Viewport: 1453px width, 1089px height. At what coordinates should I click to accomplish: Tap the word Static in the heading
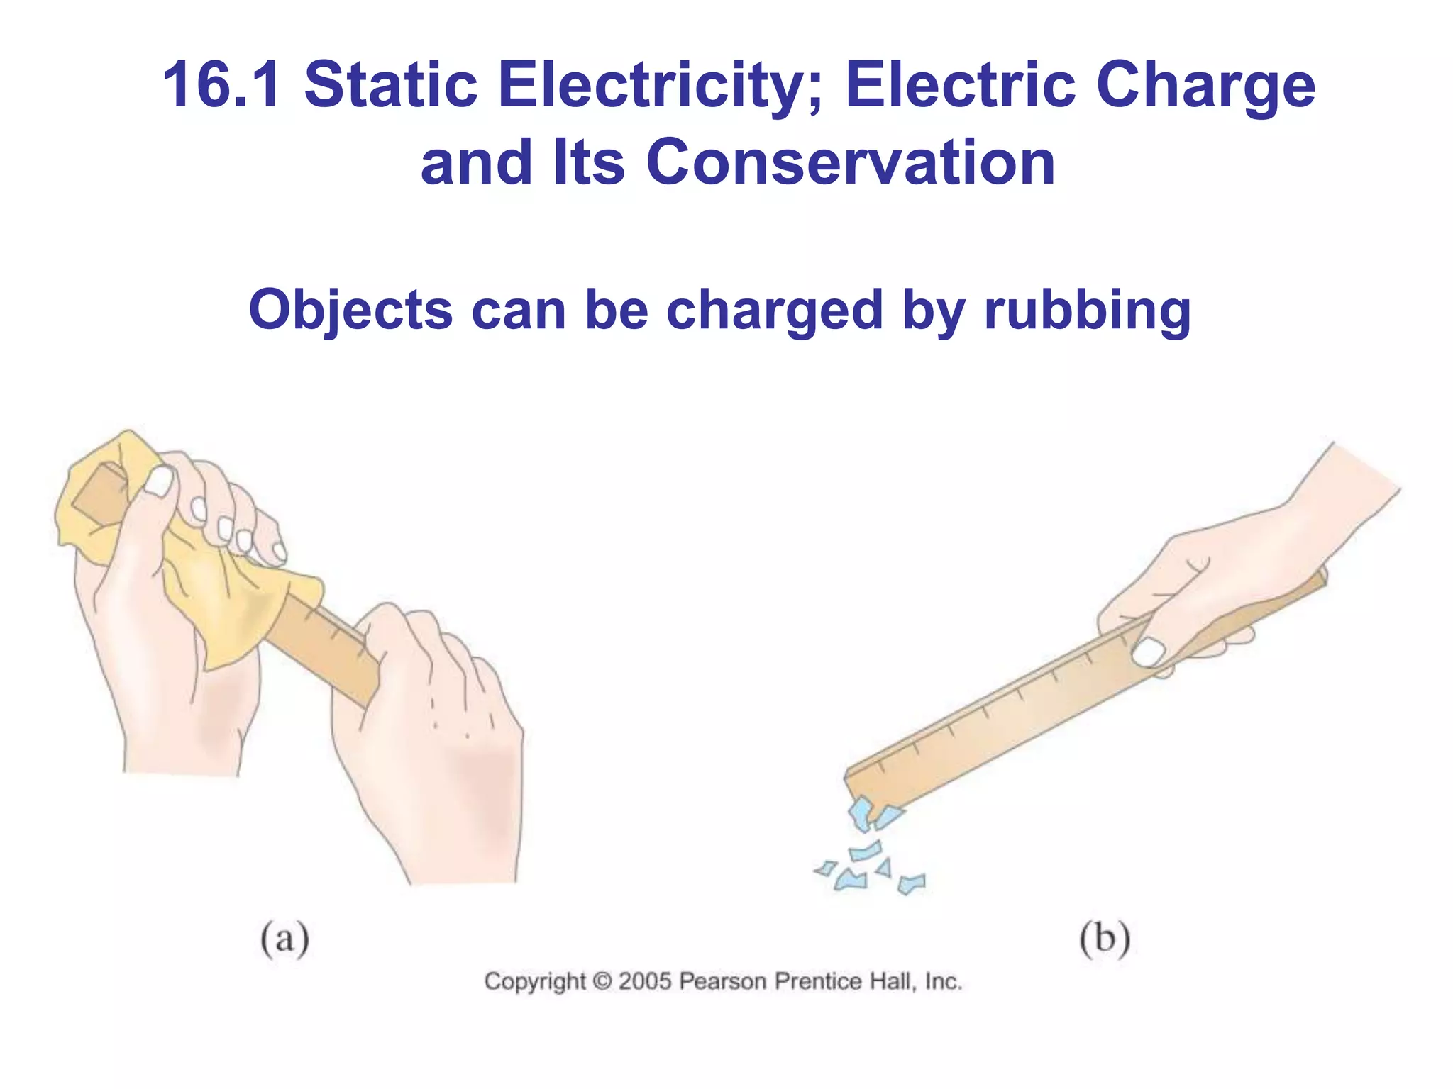391,86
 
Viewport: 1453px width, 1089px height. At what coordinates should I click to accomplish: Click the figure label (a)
284,939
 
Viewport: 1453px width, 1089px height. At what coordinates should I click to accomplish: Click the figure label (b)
1104,939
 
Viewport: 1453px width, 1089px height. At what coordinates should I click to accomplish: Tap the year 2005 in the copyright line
644,981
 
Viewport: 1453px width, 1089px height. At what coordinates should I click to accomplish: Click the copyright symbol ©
602,982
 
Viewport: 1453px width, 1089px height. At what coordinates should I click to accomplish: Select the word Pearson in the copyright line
723,981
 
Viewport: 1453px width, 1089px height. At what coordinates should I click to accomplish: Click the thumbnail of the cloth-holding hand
160,482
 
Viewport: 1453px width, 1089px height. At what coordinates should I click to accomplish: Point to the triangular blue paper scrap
884,868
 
